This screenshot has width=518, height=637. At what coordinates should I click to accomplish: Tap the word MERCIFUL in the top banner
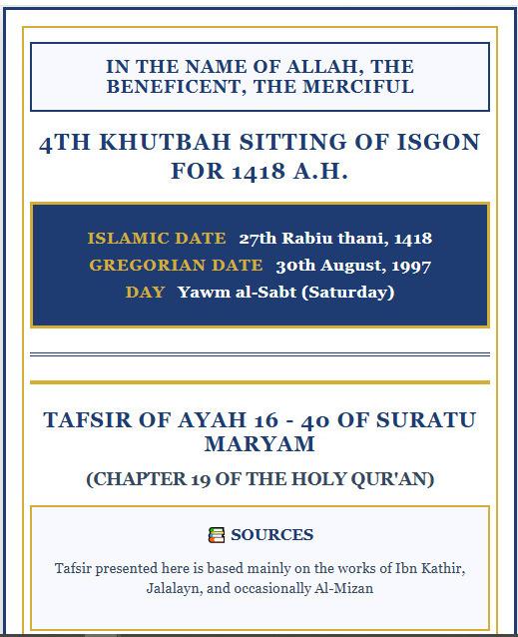(360, 87)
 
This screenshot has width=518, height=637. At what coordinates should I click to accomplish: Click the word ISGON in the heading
(436, 144)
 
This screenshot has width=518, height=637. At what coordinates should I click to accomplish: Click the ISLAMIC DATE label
(158, 239)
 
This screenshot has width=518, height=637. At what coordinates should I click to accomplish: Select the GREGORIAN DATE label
(176, 266)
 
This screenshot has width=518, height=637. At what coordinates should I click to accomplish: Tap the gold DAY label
(146, 293)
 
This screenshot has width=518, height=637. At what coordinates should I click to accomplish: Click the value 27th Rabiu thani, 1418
(335, 239)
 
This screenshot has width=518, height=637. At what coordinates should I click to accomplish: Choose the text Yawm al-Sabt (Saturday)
(285, 293)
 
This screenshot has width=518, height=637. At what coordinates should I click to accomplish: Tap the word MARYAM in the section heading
(259, 443)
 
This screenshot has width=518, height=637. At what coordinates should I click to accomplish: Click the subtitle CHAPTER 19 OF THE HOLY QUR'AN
(259, 478)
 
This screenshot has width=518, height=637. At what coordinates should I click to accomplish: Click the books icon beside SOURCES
(217, 535)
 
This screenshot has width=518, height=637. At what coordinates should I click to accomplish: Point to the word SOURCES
(272, 535)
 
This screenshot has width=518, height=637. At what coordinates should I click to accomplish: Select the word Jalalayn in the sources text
(174, 588)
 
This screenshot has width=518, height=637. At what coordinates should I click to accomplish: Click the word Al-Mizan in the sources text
(340, 588)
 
